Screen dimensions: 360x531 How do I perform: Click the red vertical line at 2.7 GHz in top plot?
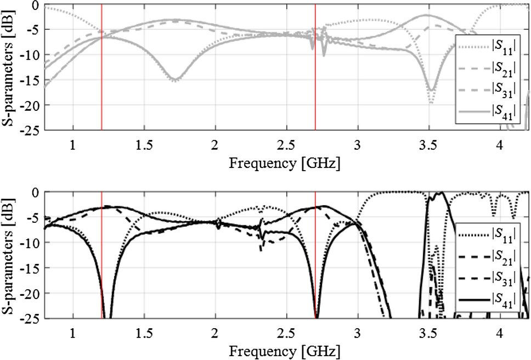pyautogui.click(x=315, y=82)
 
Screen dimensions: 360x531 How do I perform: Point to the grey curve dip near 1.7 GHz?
pyautogui.click(x=174, y=80)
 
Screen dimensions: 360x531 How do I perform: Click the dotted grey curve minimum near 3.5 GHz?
pyautogui.click(x=431, y=103)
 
